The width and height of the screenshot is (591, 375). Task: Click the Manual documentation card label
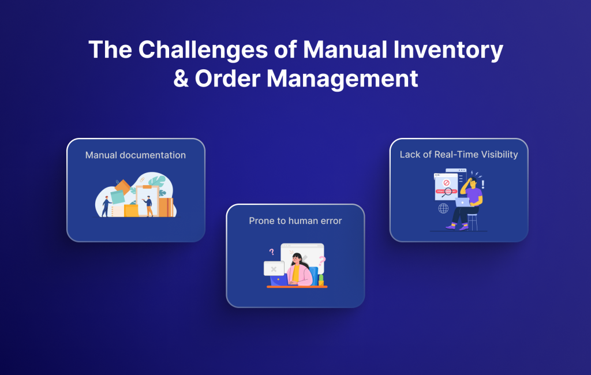click(136, 155)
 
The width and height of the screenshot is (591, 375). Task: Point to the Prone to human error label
click(295, 221)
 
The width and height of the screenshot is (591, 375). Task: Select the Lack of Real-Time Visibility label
click(459, 155)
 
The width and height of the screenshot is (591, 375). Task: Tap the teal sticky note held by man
click(118, 196)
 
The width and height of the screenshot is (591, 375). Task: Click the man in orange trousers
click(149, 205)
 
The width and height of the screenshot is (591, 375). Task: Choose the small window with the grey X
click(274, 269)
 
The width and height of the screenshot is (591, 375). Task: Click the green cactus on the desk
click(321, 279)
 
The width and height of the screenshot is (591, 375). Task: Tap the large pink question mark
click(322, 261)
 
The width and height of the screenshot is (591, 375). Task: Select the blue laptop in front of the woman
click(279, 280)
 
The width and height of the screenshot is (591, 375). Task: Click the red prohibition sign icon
click(446, 183)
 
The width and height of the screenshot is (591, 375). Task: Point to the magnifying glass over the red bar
click(447, 193)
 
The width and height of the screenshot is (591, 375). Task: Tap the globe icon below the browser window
click(443, 208)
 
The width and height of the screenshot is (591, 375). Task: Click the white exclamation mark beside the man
click(482, 184)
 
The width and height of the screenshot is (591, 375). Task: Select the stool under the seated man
click(473, 221)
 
